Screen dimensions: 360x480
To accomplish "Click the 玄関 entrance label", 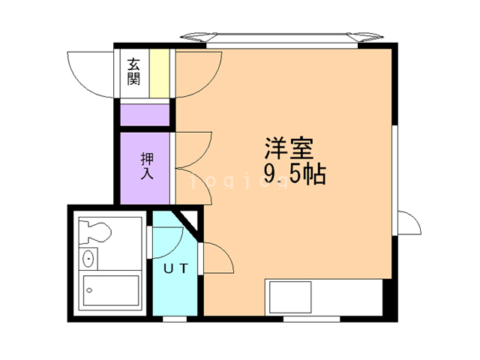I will tap(133, 72).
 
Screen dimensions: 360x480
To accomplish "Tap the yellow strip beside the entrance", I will tap(159, 73).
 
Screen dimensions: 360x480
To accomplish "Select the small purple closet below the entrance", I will tap(145, 115).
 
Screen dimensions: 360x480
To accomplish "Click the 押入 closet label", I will tap(146, 166).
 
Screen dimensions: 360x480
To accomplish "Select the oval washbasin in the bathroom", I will tap(89, 259).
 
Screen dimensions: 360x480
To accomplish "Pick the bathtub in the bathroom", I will tap(111, 292).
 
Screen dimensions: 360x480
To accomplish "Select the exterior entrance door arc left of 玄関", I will tap(88, 73).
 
